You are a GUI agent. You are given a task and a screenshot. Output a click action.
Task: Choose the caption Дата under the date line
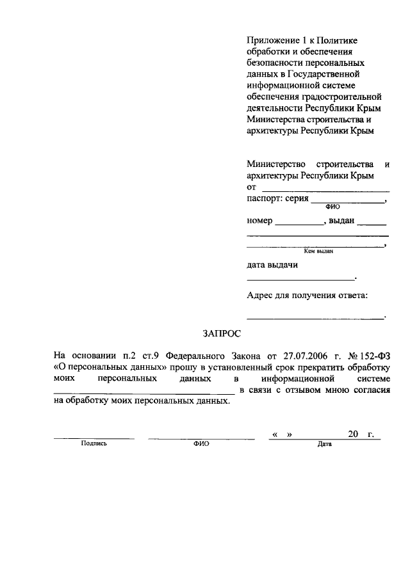(324, 443)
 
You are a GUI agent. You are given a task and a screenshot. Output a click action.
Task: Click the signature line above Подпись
(94, 438)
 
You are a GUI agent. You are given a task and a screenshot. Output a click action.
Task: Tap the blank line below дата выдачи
(300, 279)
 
